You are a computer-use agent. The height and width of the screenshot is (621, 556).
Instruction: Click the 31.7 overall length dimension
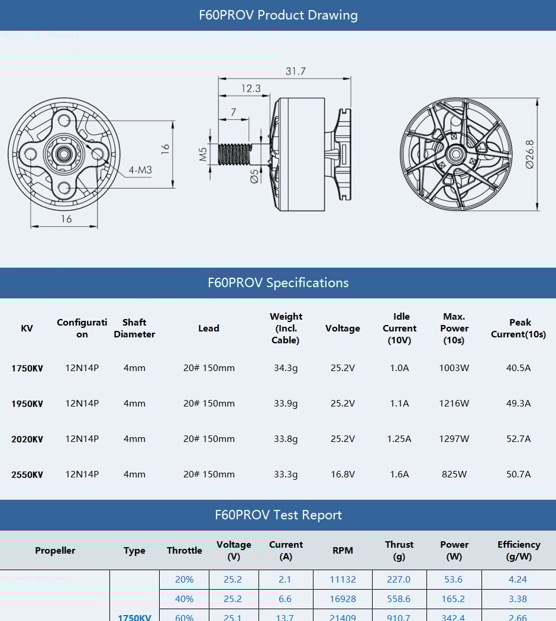click(x=295, y=71)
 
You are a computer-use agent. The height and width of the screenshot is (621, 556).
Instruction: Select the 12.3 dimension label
click(x=250, y=89)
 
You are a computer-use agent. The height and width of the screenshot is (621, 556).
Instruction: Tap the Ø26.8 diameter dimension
click(x=529, y=155)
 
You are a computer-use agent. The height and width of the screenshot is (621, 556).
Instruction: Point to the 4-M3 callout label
click(x=140, y=171)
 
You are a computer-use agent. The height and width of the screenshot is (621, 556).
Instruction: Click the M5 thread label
click(x=203, y=155)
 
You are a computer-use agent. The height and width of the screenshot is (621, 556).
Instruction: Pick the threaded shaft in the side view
click(x=235, y=155)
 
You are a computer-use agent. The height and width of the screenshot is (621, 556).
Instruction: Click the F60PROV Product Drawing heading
click(x=278, y=15)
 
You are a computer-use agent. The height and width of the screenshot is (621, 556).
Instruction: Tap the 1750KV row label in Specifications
click(x=27, y=368)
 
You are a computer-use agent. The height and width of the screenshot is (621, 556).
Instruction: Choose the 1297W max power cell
click(x=454, y=439)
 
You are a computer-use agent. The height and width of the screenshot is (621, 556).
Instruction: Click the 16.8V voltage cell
click(x=342, y=474)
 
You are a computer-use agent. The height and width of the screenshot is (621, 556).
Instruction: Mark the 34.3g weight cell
click(x=286, y=368)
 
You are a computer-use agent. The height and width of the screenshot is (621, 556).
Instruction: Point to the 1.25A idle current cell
click(x=399, y=439)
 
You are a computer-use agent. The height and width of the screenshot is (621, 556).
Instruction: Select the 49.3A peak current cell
click(x=518, y=404)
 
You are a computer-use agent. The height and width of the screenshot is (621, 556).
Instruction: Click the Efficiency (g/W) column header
click(x=518, y=550)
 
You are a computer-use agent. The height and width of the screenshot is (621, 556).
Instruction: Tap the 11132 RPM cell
click(x=342, y=580)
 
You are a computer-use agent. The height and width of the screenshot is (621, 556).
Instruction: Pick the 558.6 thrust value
click(x=399, y=599)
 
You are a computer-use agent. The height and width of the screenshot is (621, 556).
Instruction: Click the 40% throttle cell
click(x=184, y=599)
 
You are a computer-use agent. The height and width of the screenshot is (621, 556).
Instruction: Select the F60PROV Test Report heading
click(x=278, y=515)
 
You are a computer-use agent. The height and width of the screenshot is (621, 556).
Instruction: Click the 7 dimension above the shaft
click(x=234, y=112)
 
